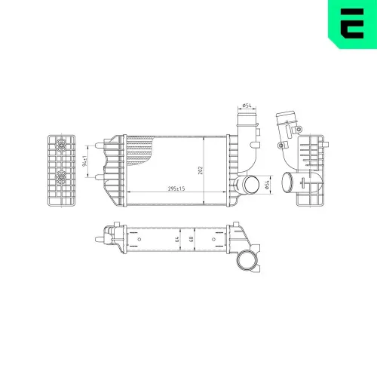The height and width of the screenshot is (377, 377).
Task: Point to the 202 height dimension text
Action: click(201, 170)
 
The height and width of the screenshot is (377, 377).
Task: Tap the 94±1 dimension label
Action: click(86, 160)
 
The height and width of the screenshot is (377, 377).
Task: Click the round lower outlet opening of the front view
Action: click(247, 185)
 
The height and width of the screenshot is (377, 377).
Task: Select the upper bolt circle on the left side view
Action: click(60, 143)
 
